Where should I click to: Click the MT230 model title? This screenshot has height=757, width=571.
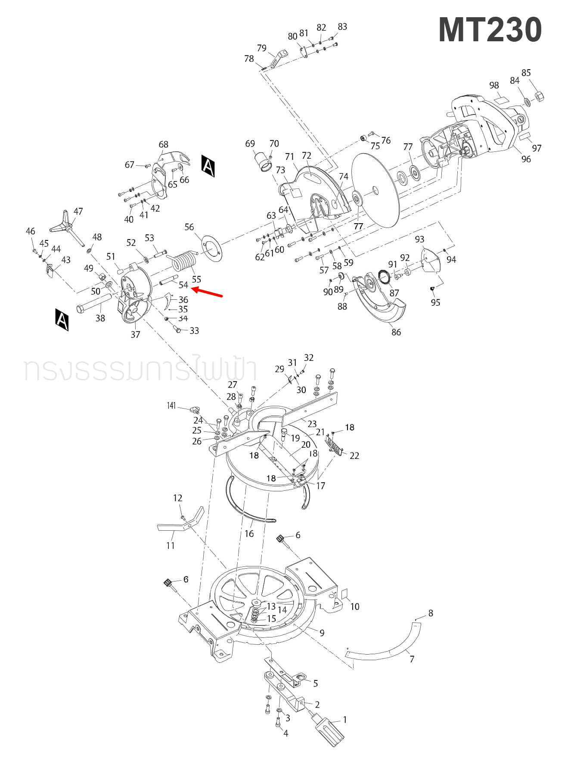(490, 30)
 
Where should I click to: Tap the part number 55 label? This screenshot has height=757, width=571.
(196, 280)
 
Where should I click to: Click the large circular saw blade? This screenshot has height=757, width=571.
(375, 190)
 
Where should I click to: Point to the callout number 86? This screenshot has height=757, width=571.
(396, 332)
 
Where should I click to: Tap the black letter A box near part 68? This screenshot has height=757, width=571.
(208, 166)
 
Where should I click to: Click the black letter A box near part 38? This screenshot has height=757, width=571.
(62, 320)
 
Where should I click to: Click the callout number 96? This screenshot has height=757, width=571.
(526, 159)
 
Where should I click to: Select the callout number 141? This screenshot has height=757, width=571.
(171, 406)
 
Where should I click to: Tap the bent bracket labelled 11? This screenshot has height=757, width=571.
(181, 523)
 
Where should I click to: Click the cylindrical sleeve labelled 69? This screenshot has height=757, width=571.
(263, 163)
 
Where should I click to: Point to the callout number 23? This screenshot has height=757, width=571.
(312, 424)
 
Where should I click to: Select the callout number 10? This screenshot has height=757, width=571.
(354, 606)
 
